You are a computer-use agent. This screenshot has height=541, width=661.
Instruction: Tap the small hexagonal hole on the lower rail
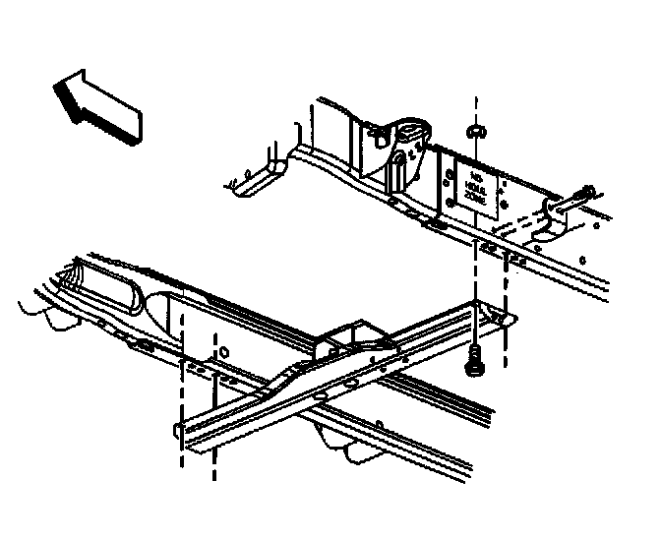click(x=225, y=350)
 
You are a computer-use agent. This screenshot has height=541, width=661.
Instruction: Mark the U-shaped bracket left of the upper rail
click(x=258, y=176)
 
